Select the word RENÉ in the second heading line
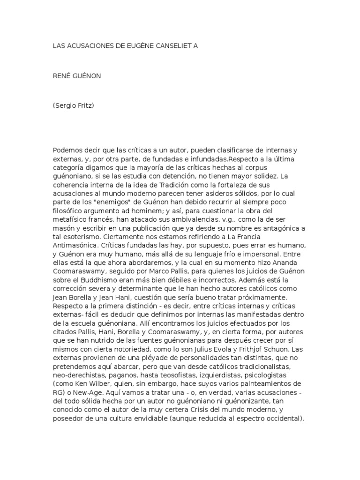click(x=61, y=75)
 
